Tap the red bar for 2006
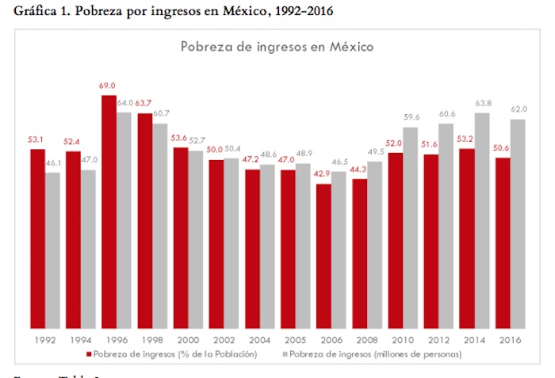[323, 256]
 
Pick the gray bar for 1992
[53, 250]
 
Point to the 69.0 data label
[109, 86]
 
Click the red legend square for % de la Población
[90, 353]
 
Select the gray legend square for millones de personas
[286, 353]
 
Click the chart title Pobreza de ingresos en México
[277, 47]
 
